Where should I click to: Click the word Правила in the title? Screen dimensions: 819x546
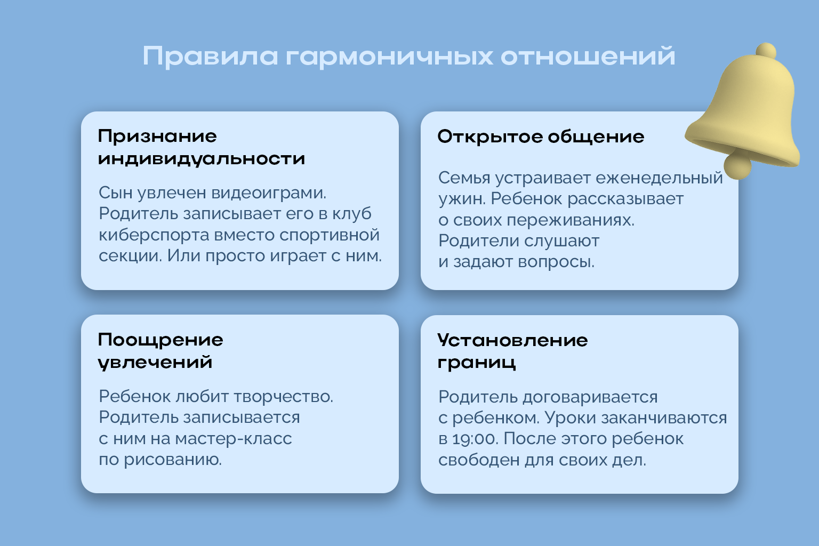(210, 57)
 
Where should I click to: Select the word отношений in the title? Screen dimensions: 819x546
(588, 57)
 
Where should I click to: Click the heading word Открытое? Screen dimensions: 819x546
(490, 137)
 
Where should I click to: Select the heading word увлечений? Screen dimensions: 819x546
(155, 363)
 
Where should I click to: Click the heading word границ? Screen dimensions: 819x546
(477, 363)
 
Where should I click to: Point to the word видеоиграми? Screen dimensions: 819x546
(269, 193)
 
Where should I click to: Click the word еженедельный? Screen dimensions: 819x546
(659, 178)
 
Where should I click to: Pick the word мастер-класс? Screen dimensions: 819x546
(233, 439)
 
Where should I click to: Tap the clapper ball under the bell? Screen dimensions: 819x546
(738, 167)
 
